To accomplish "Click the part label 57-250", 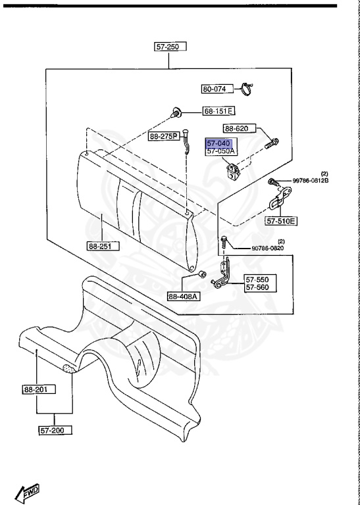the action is pyautogui.click(x=170, y=47).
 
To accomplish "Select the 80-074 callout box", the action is pyautogui.click(x=217, y=89).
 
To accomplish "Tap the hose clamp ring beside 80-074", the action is pyautogui.click(x=247, y=89).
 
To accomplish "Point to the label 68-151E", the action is pyautogui.click(x=219, y=111).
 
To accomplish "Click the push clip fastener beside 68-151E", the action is pyautogui.click(x=176, y=113).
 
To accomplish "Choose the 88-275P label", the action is pyautogui.click(x=164, y=137).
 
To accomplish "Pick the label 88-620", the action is pyautogui.click(x=240, y=129).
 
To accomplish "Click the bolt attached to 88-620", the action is pyautogui.click(x=272, y=143).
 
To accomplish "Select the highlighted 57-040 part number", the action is pyautogui.click(x=219, y=143).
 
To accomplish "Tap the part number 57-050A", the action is pyautogui.click(x=220, y=151).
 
